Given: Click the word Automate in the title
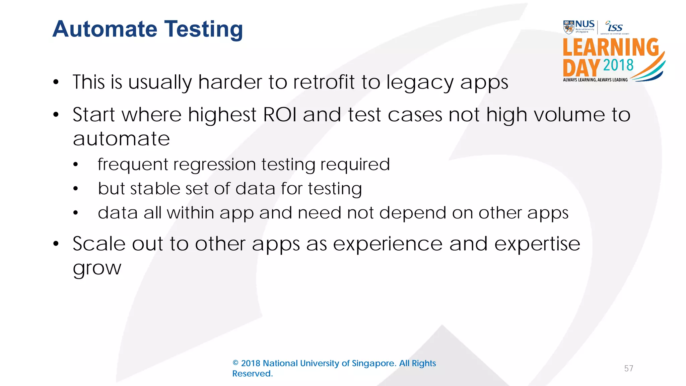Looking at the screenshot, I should (105, 29).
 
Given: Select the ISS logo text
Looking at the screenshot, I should (615, 27).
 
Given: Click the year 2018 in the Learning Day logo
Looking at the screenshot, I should (618, 65).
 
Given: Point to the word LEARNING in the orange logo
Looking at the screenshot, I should (611, 48).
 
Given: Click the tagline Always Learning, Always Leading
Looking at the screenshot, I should (595, 80).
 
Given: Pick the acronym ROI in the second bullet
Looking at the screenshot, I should (280, 115).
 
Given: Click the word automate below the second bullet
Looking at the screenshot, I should (121, 139).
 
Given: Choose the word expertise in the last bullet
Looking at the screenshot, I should (537, 244).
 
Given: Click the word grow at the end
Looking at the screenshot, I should (97, 268).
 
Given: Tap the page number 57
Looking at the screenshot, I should (628, 369).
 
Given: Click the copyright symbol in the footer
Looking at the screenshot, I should (235, 363).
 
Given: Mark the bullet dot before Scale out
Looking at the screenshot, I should (56, 244).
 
